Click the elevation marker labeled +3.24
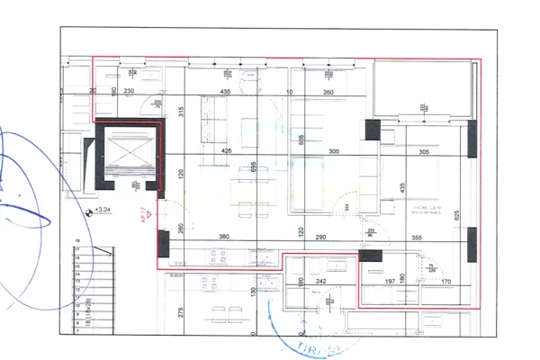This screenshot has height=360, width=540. [x=102, y=211]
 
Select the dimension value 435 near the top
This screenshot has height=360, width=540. [x=226, y=92]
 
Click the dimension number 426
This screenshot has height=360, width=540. [x=228, y=151]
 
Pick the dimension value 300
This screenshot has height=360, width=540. [x=335, y=151]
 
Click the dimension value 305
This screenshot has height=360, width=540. [x=425, y=152]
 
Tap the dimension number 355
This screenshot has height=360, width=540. [x=416, y=238]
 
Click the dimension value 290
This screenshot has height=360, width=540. [x=319, y=238]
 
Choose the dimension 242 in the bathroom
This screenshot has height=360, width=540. [x=319, y=281]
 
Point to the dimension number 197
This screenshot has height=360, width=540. [x=391, y=281]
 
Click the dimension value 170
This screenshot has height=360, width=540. [x=447, y=281]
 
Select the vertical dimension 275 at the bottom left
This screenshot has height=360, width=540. [x=180, y=311]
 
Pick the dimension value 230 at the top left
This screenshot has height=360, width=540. [x=129, y=92]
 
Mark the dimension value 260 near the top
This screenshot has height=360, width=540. [x=328, y=92]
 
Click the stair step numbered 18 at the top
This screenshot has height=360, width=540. [x=78, y=241]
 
